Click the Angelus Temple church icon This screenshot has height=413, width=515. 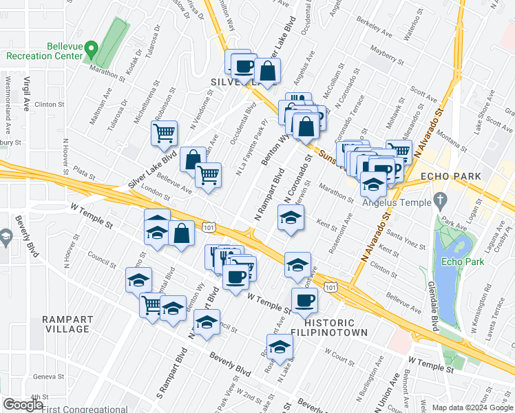click(x=441, y=201)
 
